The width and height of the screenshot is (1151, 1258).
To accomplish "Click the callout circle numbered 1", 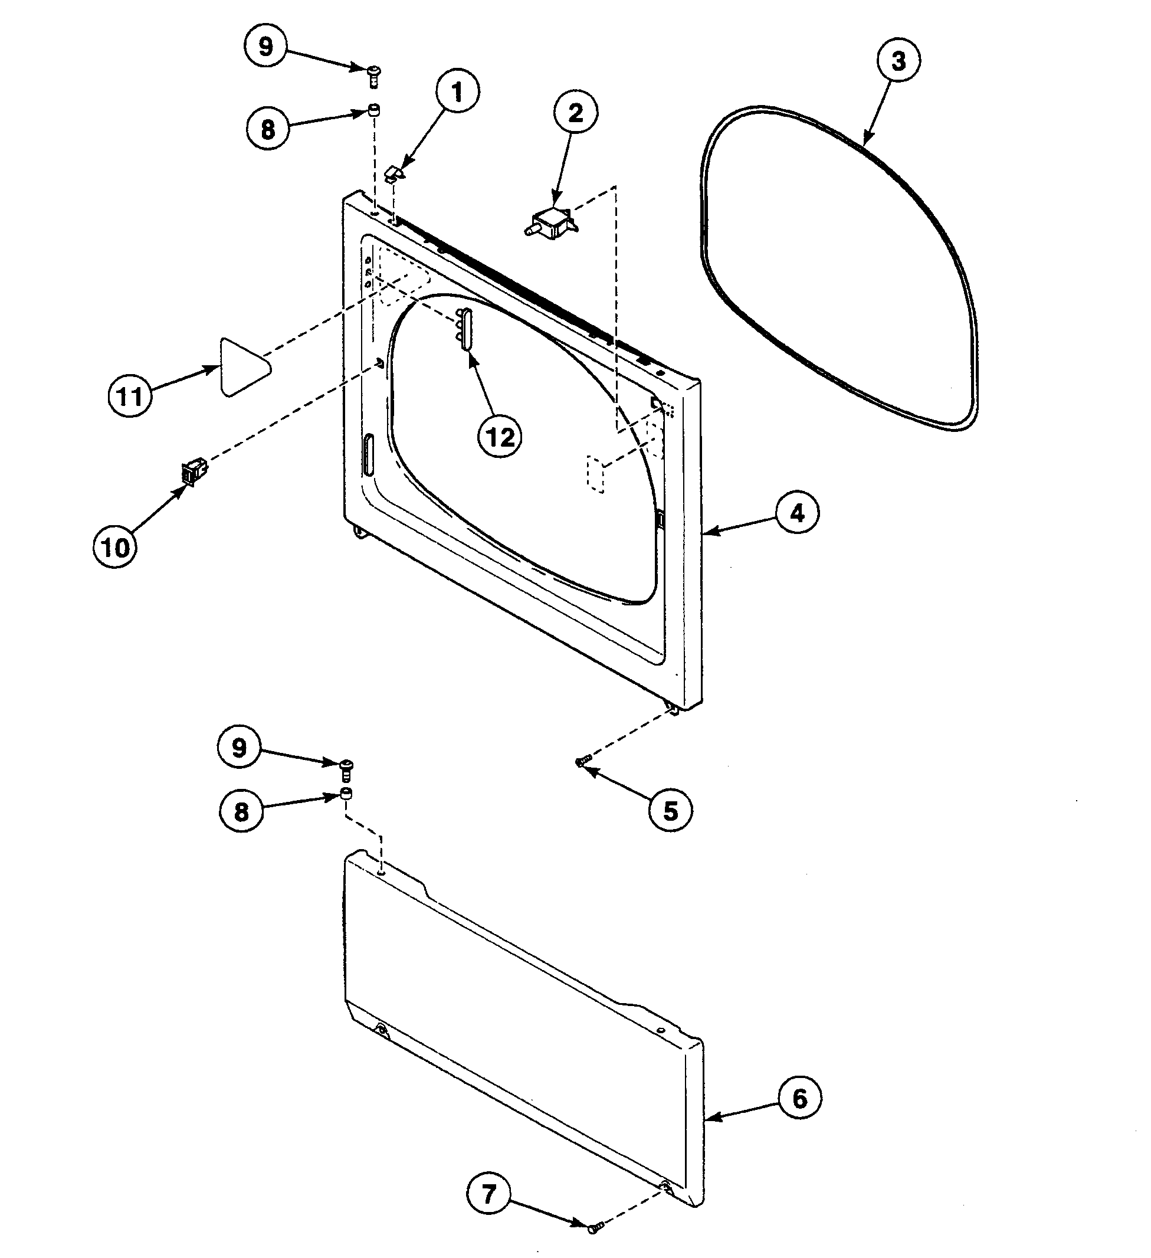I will pyautogui.click(x=457, y=93).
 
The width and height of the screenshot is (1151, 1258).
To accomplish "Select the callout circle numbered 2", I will pyautogui.click(x=575, y=113).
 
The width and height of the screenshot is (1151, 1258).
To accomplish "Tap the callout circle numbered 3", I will pyautogui.click(x=898, y=61).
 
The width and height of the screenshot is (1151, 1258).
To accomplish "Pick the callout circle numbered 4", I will pyautogui.click(x=797, y=513).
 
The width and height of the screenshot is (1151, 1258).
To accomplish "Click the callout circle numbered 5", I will pyautogui.click(x=670, y=811).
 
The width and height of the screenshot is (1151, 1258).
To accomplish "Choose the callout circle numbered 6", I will pyautogui.click(x=800, y=1098).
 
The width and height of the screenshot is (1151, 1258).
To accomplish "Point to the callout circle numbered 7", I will pyautogui.click(x=488, y=1194).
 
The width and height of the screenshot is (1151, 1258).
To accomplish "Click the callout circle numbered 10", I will pyautogui.click(x=115, y=547).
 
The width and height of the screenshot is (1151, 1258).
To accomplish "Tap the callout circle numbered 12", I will pyautogui.click(x=500, y=437).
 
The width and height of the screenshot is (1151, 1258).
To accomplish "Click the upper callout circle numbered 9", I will pyautogui.click(x=265, y=47).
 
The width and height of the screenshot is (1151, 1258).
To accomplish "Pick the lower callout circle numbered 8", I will pyautogui.click(x=241, y=812).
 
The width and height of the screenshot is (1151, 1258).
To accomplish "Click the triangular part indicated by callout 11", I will pyautogui.click(x=242, y=368).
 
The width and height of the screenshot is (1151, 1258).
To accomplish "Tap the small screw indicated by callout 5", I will pyautogui.click(x=583, y=761).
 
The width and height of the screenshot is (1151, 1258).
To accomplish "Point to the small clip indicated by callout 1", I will pyautogui.click(x=393, y=173).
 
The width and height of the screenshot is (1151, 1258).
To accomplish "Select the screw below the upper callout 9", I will pyautogui.click(x=374, y=77).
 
